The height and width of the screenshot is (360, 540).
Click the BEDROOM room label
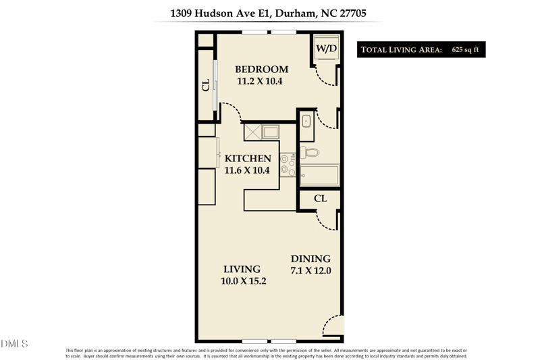pos(261,69)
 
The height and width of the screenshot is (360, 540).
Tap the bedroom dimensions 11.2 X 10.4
pos(259,81)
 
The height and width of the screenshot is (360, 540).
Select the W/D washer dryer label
pos(327,49)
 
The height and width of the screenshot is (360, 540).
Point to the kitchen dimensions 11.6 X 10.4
pos(246,170)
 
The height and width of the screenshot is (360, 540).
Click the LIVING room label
pos(242,269)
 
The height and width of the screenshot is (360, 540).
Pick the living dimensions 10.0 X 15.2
pos(244,281)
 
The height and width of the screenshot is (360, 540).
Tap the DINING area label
pos(310,259)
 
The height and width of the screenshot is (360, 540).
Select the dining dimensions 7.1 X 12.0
pos(310,271)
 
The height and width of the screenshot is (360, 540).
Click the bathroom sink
pos(306,123)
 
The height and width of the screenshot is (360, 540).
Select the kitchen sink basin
pos(270,132)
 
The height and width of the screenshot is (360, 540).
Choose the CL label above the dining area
pos(321,199)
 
